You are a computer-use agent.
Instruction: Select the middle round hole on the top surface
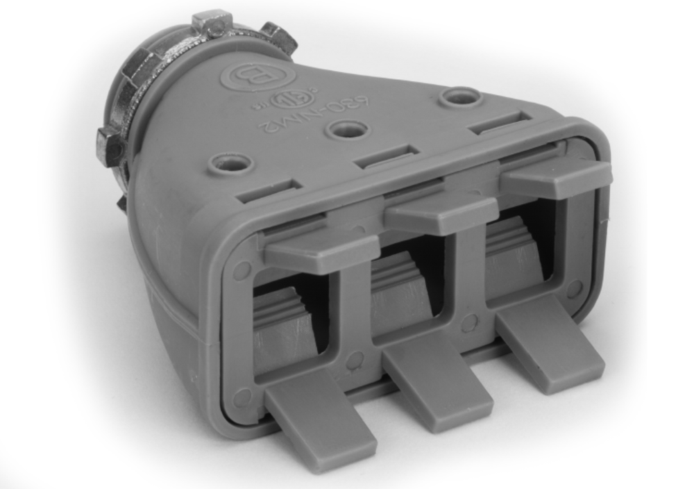(x=348, y=129)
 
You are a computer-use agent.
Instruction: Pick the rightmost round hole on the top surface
(x=461, y=97)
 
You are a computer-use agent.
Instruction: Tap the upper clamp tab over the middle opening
(x=441, y=213)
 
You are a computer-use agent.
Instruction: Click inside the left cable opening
(x=286, y=320)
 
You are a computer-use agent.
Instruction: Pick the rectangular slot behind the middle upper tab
(x=387, y=156)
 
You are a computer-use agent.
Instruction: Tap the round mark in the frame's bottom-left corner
(x=242, y=397)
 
